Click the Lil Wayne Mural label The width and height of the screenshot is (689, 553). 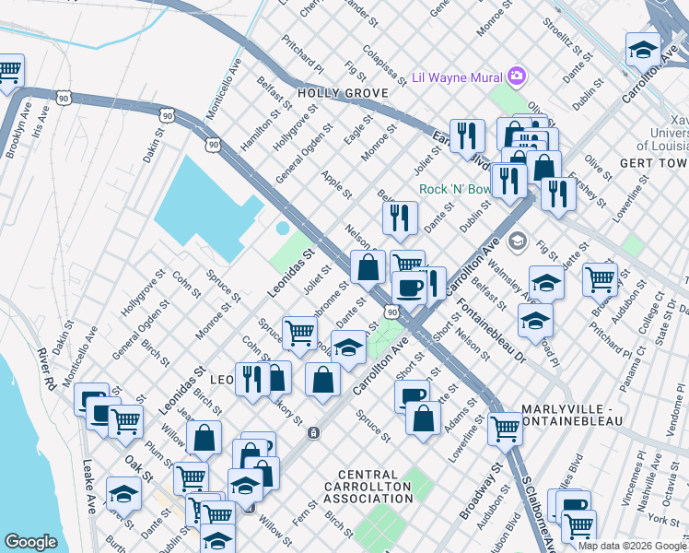click(x=457, y=76)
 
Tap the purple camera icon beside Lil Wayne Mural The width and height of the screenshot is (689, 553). click(x=516, y=76)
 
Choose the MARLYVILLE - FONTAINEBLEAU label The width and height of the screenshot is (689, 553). click(x=572, y=415)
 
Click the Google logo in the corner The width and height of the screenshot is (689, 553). click(x=31, y=541)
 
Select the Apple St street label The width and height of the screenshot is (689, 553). click(x=336, y=183)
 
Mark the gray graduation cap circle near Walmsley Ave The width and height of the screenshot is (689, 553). click(x=517, y=241)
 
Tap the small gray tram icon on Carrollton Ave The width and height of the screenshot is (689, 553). click(x=314, y=432)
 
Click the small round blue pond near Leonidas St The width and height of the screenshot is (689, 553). click(x=282, y=228)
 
